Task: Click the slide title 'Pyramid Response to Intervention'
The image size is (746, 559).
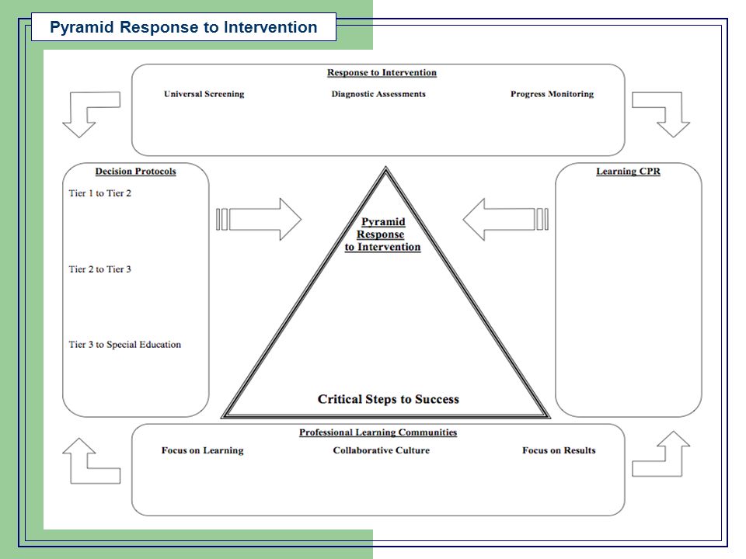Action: [183, 27]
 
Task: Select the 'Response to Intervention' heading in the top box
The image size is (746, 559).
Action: [382, 72]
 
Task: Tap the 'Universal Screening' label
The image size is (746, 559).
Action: [204, 94]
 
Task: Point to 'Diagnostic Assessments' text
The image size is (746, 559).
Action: [378, 94]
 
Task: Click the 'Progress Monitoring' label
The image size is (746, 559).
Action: [552, 94]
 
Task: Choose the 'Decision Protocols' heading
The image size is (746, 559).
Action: [135, 171]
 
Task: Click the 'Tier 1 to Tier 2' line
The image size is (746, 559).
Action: [100, 193]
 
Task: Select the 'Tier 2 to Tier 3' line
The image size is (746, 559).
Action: [100, 269]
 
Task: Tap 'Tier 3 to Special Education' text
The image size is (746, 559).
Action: [124, 345]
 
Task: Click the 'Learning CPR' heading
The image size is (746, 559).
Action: [628, 171]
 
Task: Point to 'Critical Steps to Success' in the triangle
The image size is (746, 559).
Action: [389, 399]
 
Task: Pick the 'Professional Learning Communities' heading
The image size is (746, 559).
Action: [378, 432]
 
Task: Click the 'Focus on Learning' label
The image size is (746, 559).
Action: [202, 450]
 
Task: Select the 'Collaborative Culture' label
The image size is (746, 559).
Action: [381, 450]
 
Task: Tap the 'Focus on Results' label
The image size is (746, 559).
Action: [559, 450]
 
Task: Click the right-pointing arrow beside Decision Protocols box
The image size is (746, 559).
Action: [260, 219]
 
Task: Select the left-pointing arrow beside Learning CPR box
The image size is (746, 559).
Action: [505, 219]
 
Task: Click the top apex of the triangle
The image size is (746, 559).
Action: [386, 167]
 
